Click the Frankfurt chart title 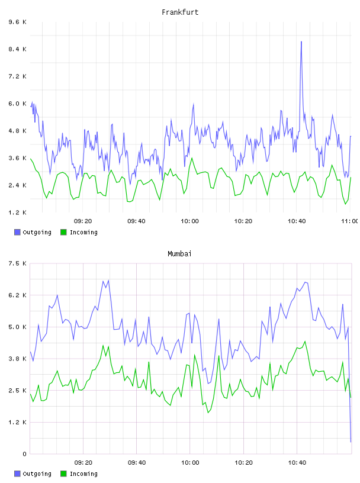(180, 12)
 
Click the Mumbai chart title (179, 254)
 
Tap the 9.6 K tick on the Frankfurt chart (18, 22)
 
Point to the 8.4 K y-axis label (18, 49)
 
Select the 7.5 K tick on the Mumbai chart (18, 263)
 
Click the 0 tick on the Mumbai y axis (24, 454)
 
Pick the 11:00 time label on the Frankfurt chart (350, 221)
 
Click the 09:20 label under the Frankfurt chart (83, 221)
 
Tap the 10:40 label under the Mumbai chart (297, 462)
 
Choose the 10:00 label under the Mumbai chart (190, 462)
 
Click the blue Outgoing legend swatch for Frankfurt (17, 232)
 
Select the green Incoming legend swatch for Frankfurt (63, 232)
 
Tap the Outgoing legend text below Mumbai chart (37, 474)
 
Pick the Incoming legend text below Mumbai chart (83, 474)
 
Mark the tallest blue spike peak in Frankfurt (301, 41)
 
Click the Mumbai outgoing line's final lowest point (351, 442)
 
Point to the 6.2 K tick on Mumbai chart (18, 295)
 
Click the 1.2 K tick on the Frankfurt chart (18, 212)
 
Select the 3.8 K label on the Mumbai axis (18, 359)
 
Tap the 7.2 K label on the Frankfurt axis (18, 76)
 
